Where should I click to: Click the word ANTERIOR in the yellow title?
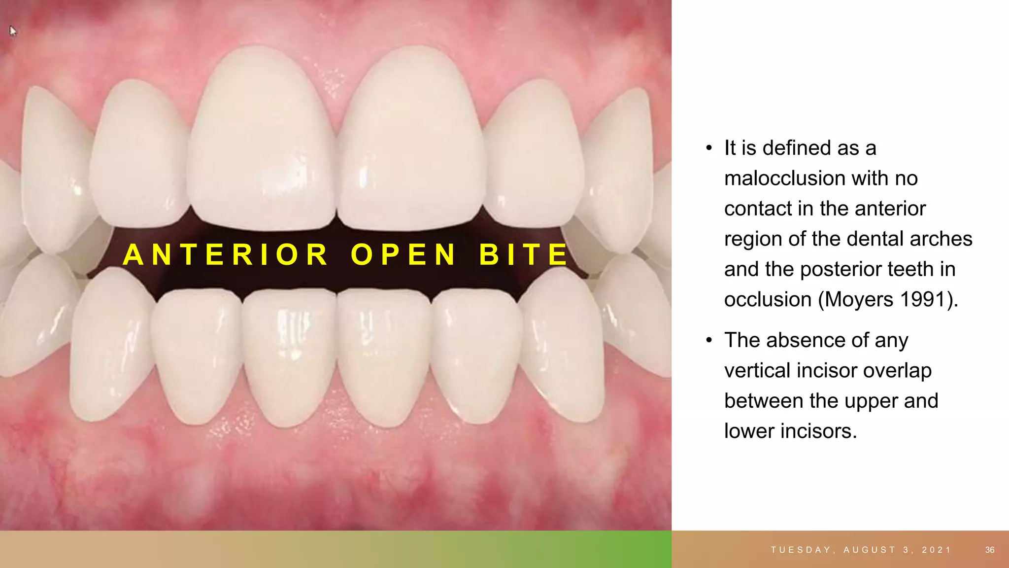pyautogui.click(x=226, y=254)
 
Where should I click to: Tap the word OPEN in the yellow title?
pyautogui.click(x=404, y=254)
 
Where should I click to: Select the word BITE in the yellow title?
pyautogui.click(x=524, y=254)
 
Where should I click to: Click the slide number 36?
pyautogui.click(x=990, y=550)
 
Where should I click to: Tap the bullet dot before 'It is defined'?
pyautogui.click(x=709, y=148)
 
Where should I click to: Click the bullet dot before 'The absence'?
pyautogui.click(x=709, y=340)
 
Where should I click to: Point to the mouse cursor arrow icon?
pyautogui.click(x=12, y=31)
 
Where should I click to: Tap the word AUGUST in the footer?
pyautogui.click(x=870, y=550)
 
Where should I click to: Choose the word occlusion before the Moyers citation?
pyautogui.click(x=768, y=299)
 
